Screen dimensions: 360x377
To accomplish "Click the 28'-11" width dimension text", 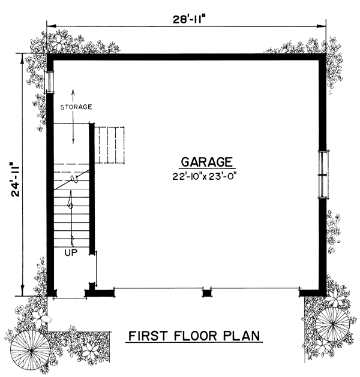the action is tap(190, 19).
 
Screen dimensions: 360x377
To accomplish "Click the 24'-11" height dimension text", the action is tap(16, 180).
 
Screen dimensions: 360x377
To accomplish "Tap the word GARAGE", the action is tap(207, 162).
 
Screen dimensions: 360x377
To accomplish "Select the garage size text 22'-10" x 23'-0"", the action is tap(203, 177).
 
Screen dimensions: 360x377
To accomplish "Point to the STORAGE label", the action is tap(76, 107).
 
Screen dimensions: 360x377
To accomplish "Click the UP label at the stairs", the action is tap(71, 252).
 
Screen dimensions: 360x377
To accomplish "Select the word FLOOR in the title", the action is tap(196, 336).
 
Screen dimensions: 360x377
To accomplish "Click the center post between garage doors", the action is tap(206, 293).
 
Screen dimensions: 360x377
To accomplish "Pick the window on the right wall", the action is tap(323, 174).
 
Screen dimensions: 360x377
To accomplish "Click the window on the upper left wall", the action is tap(50, 82).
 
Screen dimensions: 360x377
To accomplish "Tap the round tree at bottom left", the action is tap(30, 351).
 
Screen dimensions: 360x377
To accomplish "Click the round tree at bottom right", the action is tap(333, 324).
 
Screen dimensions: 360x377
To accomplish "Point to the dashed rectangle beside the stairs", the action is tap(109, 145).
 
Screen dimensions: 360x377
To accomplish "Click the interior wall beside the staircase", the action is tap(92, 188).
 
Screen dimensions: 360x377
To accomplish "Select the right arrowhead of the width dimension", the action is tap(322, 26).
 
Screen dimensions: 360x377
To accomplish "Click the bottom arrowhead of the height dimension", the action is tap(23, 291).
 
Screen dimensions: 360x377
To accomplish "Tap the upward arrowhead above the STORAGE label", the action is tap(73, 92).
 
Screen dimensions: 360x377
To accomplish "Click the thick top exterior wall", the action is tap(187, 57).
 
